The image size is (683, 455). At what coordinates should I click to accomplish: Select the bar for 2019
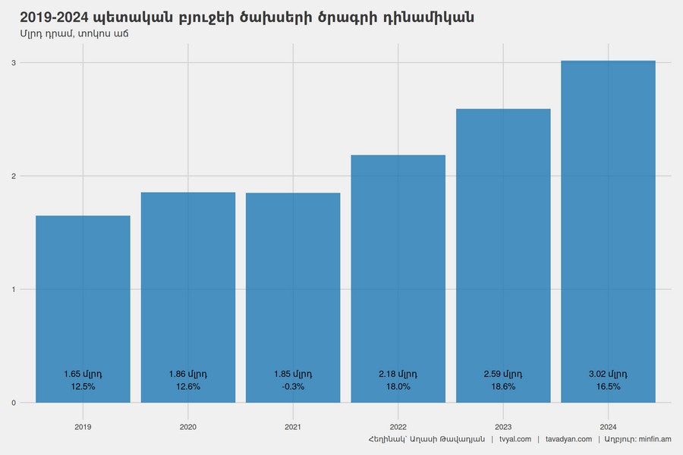point(83,303)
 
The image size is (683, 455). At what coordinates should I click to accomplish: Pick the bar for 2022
point(398,273)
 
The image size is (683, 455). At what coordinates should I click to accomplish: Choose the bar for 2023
point(503,250)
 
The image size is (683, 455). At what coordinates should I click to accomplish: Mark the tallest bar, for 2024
point(608,227)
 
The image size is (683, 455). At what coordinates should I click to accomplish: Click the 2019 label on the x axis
point(83,427)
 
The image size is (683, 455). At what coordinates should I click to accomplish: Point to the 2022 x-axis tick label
point(398,427)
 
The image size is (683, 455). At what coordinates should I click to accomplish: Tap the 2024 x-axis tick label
point(608,427)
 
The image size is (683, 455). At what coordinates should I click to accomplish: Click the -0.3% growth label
point(293,387)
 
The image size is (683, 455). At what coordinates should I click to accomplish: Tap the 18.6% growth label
point(503,387)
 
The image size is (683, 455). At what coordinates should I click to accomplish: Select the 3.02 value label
point(608,374)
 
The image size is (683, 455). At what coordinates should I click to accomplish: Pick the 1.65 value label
point(83,374)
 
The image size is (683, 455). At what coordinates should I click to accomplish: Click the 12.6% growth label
point(188,387)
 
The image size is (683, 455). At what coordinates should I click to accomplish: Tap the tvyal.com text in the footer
point(515,440)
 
